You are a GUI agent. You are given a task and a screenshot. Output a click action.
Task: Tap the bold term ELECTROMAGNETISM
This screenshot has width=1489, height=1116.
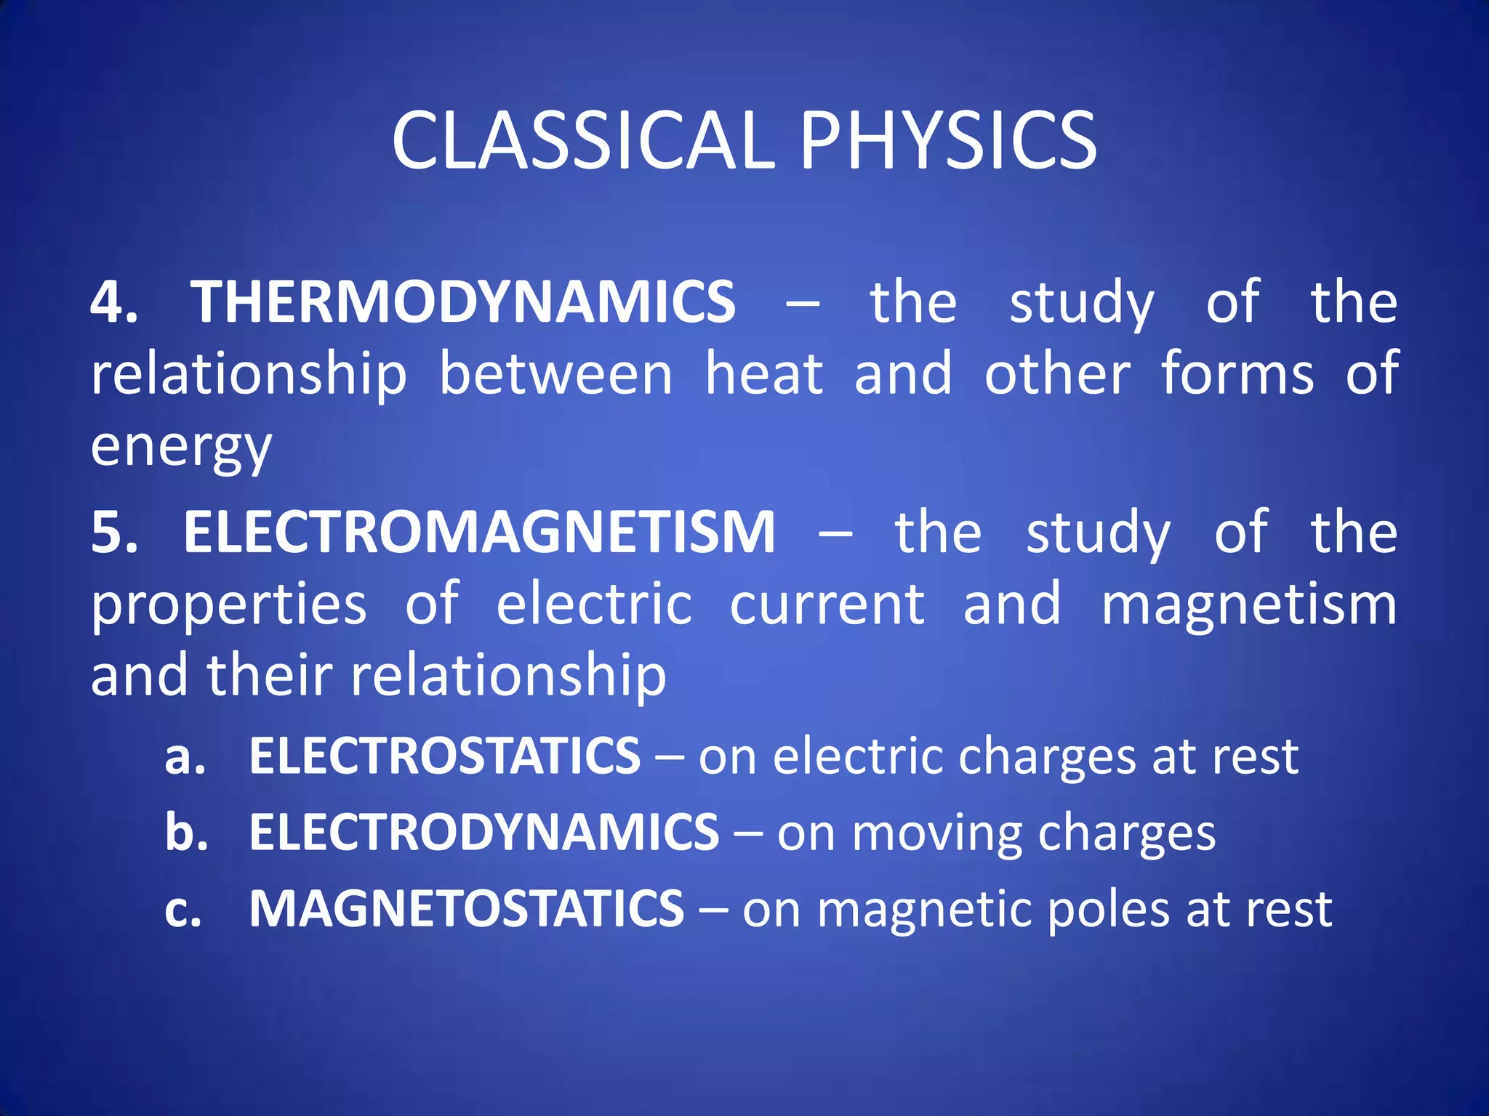point(479,532)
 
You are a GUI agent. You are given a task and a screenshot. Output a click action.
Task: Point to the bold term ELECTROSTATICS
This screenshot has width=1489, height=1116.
point(445,756)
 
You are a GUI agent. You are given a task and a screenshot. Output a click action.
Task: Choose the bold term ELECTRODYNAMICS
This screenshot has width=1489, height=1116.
point(484,832)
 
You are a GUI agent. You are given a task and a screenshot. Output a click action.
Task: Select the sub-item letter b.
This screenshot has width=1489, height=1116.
point(186,832)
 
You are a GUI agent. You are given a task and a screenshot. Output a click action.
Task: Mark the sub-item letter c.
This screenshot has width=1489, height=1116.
point(182,910)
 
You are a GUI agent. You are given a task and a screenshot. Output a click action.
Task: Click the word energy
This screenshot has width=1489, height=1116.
point(181,448)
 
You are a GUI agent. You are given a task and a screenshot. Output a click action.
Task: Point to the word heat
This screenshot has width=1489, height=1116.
point(764,374)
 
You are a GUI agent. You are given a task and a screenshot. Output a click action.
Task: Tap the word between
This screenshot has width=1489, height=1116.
point(556,374)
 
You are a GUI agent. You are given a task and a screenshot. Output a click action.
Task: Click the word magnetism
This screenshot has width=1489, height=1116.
point(1249,604)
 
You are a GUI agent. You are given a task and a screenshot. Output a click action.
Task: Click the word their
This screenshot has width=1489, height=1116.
point(270,674)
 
